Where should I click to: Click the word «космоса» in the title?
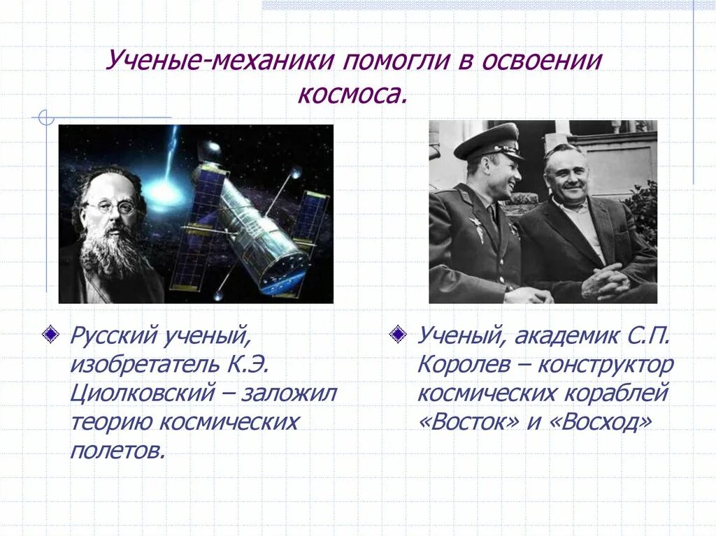(x=352, y=94)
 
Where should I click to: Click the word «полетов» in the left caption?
(x=117, y=450)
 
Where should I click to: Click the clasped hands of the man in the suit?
(x=606, y=280)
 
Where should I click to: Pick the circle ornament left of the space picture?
(x=46, y=118)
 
